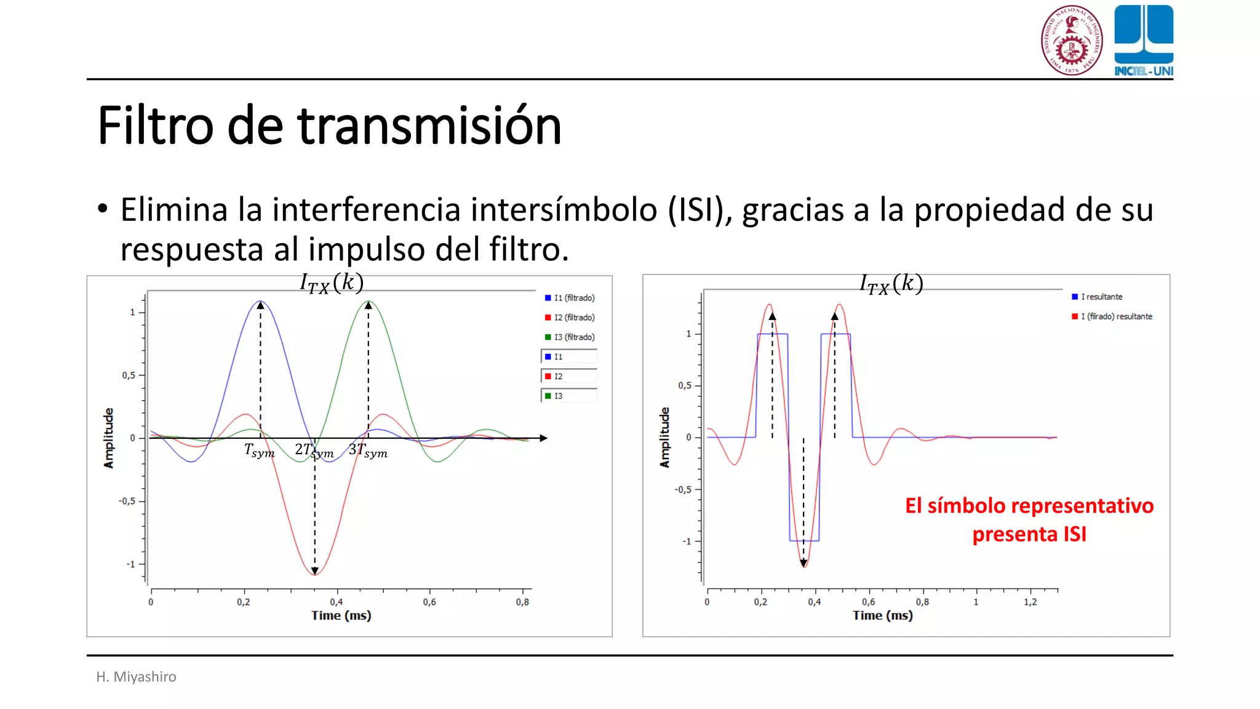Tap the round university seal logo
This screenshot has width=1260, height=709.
coord(1071,41)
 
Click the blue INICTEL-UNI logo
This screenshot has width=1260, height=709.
coord(1143,41)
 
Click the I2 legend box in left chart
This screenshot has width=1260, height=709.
coord(568,376)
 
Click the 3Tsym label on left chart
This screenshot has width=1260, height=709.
coord(368,451)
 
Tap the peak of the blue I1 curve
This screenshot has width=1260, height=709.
coord(260,302)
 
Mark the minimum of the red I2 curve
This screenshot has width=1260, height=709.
coord(314,574)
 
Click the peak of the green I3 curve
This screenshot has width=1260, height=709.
coord(369,302)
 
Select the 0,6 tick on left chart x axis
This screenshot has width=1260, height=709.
coord(429,602)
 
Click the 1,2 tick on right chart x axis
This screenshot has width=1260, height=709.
coord(1030,602)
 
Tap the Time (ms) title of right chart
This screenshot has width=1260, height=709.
coord(882,615)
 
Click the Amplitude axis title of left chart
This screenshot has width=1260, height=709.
coord(109,438)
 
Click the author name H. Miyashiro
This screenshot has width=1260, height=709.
coord(136,677)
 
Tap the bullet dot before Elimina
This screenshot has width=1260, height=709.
coord(103,209)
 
